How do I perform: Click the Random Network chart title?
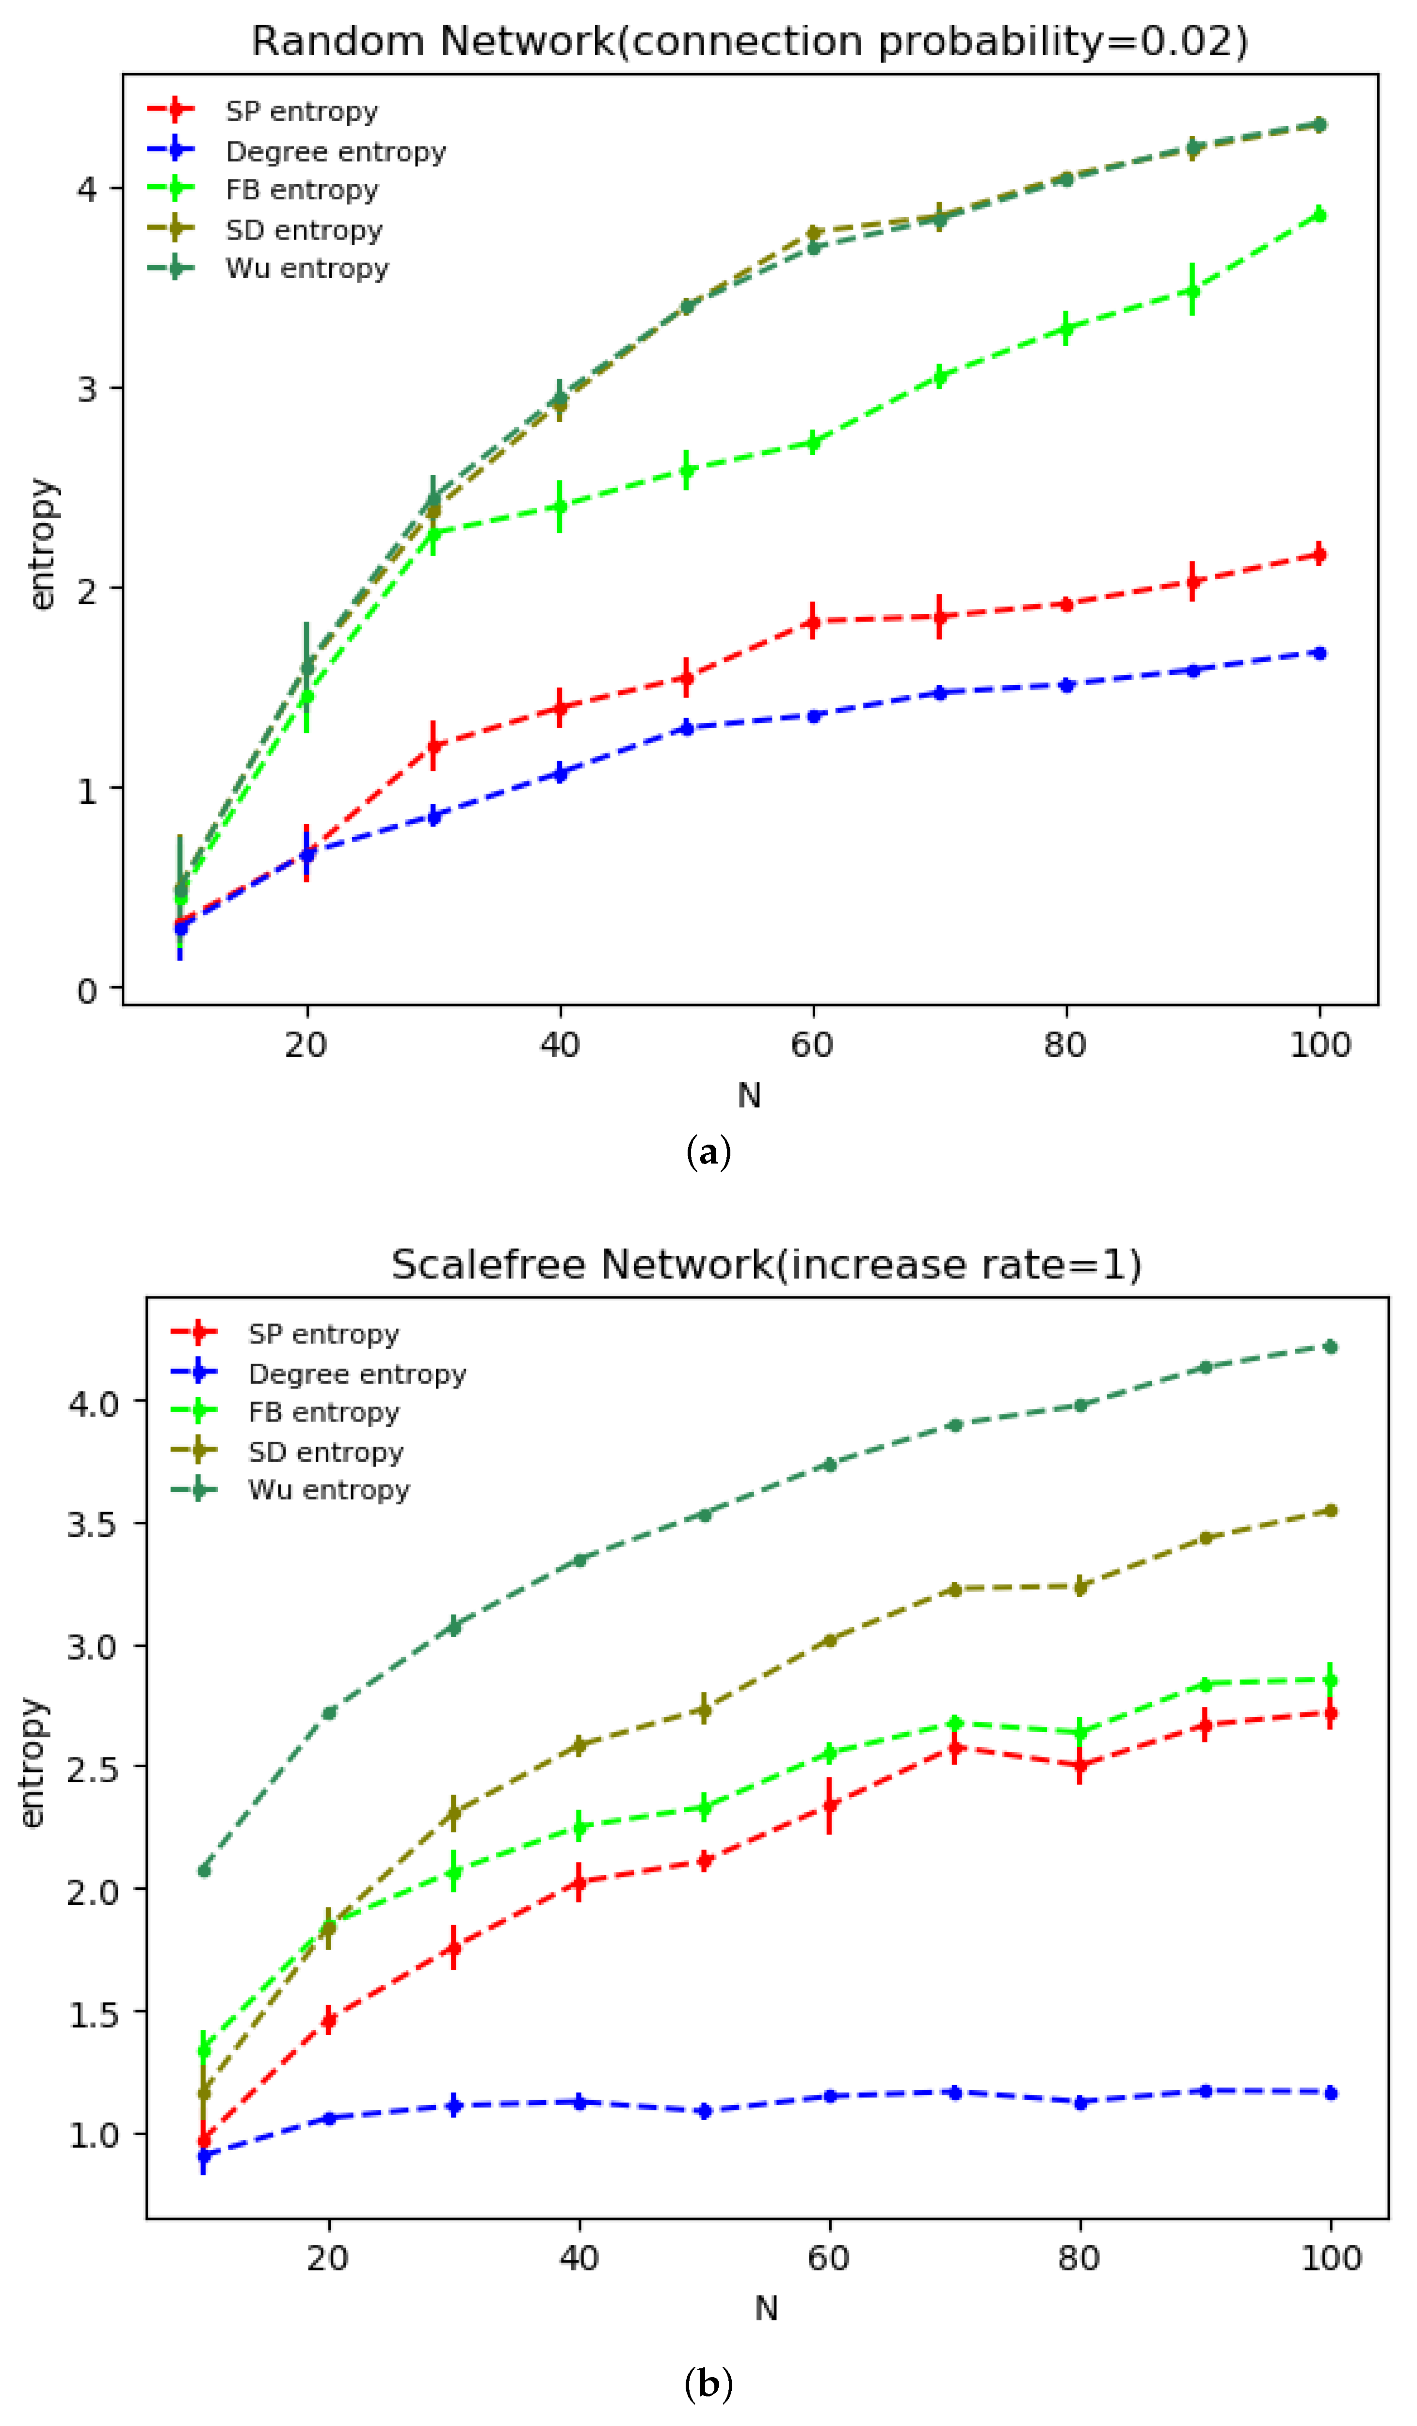pyautogui.click(x=749, y=41)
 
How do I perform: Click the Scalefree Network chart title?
pyautogui.click(x=766, y=1264)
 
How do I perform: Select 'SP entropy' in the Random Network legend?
pyautogui.click(x=301, y=112)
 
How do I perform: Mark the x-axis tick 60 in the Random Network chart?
pyautogui.click(x=812, y=1044)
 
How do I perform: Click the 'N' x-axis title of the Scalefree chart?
pyautogui.click(x=766, y=2308)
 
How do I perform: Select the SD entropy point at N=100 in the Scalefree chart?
pyautogui.click(x=1330, y=1511)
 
